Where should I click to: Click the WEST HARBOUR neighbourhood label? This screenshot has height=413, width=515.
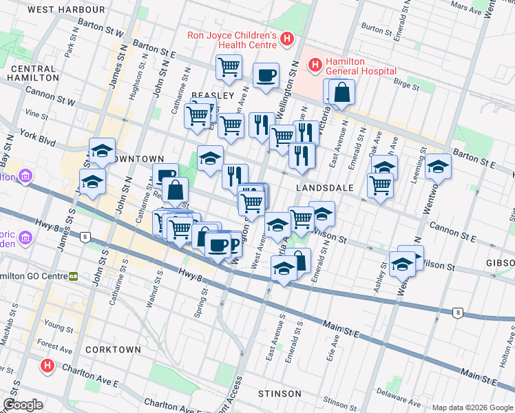click(x=67, y=10)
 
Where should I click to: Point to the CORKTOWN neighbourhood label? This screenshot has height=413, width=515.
click(x=113, y=350)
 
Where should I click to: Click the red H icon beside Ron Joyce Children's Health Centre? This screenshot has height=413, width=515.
click(x=287, y=40)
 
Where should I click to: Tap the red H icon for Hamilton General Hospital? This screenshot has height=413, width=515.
click(x=315, y=65)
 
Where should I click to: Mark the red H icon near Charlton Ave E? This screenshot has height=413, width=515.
click(x=47, y=366)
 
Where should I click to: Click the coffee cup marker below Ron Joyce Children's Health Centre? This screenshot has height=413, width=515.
click(x=266, y=76)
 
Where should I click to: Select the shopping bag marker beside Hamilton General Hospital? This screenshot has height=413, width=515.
click(x=341, y=92)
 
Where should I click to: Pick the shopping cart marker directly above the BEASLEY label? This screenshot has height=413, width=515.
click(x=229, y=67)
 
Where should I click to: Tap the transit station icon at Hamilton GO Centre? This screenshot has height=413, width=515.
click(x=72, y=277)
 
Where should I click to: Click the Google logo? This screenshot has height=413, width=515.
click(x=23, y=405)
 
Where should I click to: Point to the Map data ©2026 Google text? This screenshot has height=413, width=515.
click(x=472, y=407)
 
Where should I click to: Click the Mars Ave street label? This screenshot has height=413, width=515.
click(x=465, y=8)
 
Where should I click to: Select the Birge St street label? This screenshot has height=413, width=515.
click(x=406, y=87)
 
